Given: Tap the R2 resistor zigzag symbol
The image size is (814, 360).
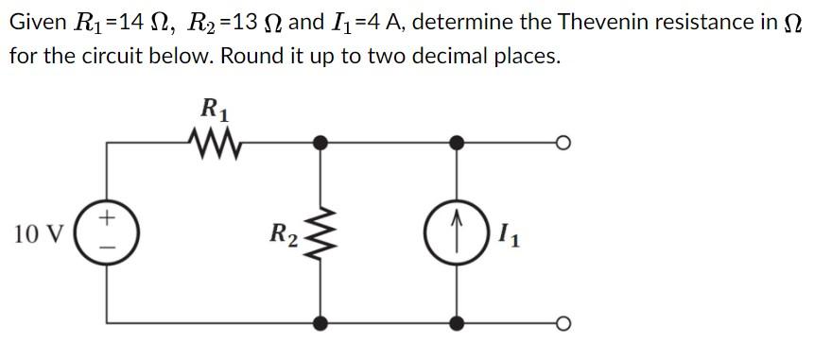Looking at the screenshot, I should [x=321, y=232].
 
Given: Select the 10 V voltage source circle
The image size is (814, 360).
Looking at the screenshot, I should [x=106, y=232].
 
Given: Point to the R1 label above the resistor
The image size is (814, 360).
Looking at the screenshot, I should [x=216, y=108].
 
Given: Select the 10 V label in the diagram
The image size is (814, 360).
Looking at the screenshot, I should [x=40, y=232].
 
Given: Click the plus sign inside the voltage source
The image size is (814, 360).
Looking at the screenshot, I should [x=107, y=218].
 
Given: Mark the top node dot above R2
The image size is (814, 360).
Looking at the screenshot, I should [x=321, y=144].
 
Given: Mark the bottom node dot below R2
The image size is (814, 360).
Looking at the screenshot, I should [x=321, y=323].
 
